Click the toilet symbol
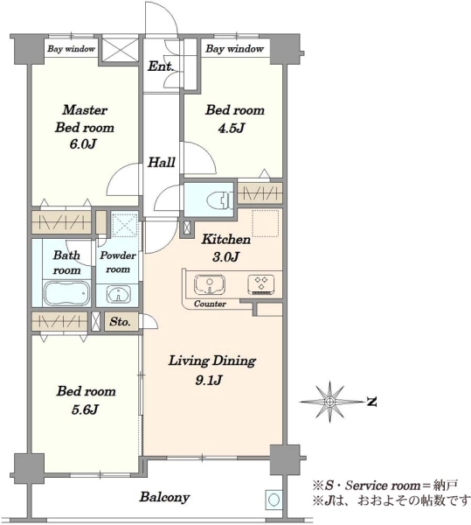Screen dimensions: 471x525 [x=219, y=199]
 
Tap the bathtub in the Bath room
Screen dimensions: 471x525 [x=67, y=293]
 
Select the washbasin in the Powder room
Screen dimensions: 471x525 [x=118, y=294]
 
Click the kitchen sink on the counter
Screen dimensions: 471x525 [x=209, y=284]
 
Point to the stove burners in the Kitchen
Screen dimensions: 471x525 [x=261, y=284]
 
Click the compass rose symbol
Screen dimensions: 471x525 [x=330, y=401]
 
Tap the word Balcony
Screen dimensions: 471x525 [x=164, y=497]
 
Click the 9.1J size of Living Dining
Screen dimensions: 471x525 [x=209, y=380]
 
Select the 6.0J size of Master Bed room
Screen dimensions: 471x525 [x=83, y=144]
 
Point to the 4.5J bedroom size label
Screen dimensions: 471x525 [x=231, y=128]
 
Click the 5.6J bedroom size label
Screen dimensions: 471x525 [x=85, y=409]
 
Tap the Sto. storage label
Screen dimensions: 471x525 [x=120, y=322]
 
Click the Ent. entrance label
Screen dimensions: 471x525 [x=161, y=66]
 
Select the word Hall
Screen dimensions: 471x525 [x=162, y=163]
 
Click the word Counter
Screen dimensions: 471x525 [x=210, y=304]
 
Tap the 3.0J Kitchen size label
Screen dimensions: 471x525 [x=226, y=256]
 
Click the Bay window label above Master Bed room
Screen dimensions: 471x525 [x=71, y=49]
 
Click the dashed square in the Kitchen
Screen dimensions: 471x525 [x=265, y=223]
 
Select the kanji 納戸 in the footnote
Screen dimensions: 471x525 [x=447, y=485]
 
